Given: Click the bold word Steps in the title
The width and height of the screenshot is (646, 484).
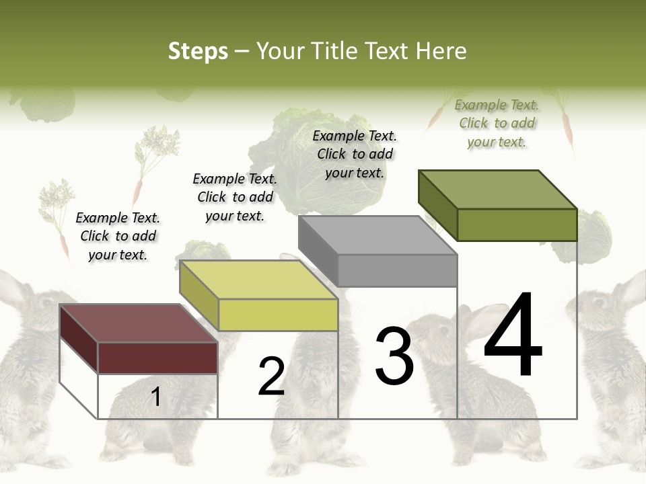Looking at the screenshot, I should [198, 51].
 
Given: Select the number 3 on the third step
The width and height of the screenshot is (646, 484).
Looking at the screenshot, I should [394, 356].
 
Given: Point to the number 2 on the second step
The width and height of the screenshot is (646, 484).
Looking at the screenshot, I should [272, 376].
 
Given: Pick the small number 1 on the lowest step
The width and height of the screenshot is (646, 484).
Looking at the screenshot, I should [156, 397].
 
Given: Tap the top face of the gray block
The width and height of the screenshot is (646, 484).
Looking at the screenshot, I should [377, 235].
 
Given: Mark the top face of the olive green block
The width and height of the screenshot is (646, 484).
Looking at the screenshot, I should [497, 189].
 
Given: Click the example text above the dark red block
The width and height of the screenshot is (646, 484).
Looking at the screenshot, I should [118, 236].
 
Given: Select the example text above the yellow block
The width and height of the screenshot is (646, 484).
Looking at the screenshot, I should [235, 197].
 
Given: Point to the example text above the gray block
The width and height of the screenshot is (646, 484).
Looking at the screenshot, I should [355, 154].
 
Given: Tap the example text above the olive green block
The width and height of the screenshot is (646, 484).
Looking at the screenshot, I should [497, 123].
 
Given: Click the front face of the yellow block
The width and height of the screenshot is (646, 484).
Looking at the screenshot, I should [278, 315].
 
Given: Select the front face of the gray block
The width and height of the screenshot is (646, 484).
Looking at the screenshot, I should [397, 270].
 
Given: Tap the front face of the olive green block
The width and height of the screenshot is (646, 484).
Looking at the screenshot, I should [517, 225].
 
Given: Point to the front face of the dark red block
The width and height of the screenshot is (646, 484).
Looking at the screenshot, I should [157, 358].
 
